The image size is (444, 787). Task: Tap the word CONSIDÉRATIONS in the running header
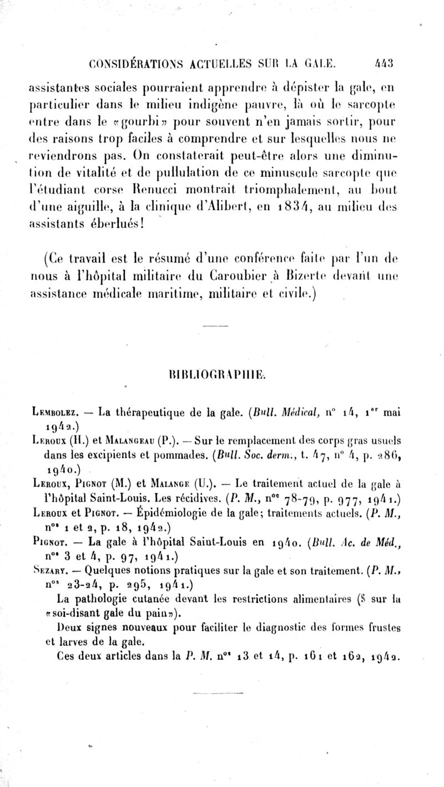[x=119, y=63]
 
